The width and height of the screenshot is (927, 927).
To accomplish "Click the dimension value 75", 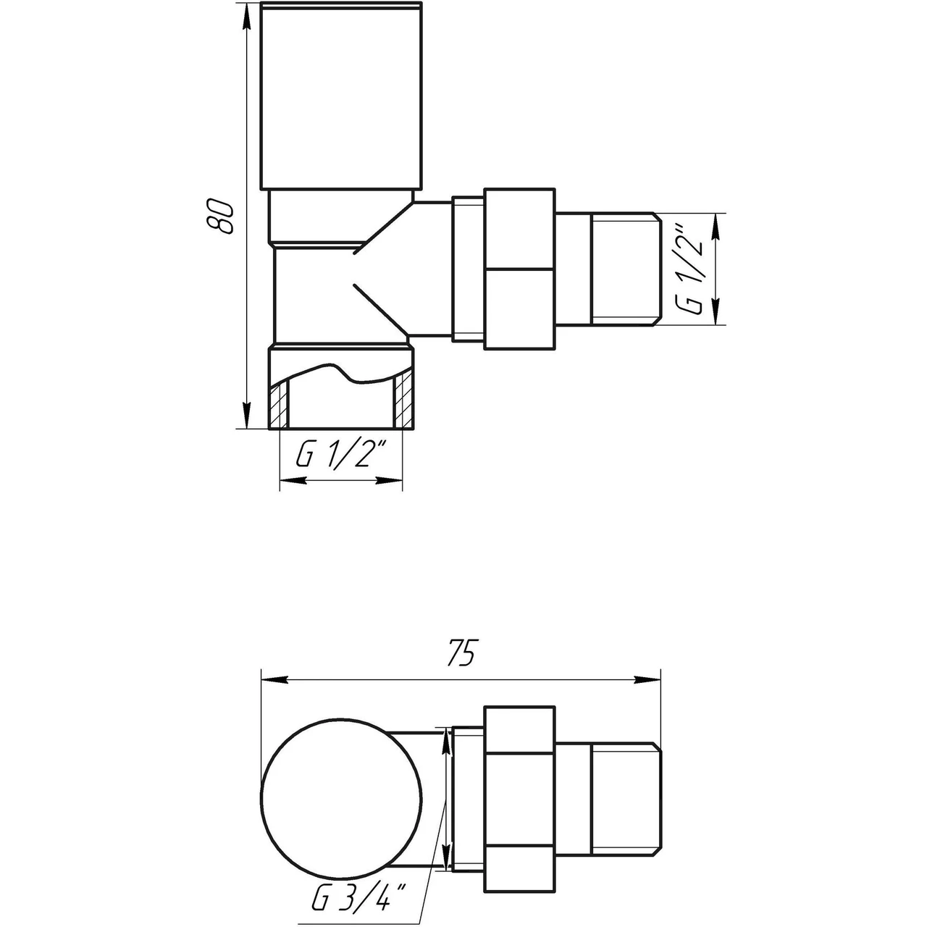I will tap(461, 654).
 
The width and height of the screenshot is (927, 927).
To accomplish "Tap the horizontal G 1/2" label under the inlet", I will tap(339, 457).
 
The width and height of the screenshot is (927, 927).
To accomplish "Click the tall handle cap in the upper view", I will tap(340, 98).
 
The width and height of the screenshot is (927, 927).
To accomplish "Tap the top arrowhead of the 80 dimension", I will tap(246, 16).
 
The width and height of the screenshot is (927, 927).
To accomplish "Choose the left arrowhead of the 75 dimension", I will tap(271, 679).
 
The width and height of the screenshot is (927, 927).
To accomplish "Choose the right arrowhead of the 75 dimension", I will tap(649, 679).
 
